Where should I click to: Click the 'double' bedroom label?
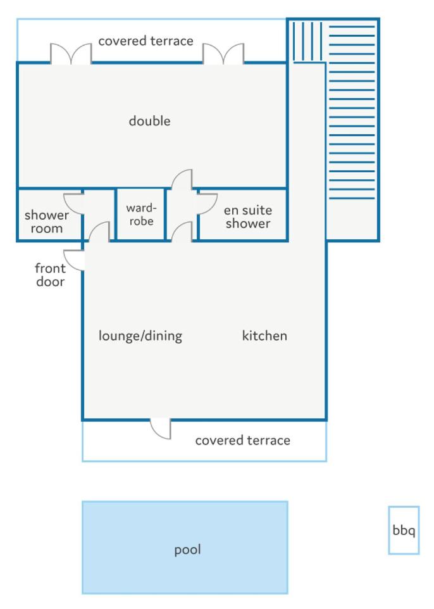click(149, 121)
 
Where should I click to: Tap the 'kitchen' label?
click(264, 336)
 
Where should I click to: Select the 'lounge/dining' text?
click(140, 336)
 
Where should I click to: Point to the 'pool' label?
click(187, 550)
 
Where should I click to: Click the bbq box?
click(404, 530)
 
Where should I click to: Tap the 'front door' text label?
click(50, 275)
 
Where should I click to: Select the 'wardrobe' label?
click(141, 215)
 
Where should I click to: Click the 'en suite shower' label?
click(247, 217)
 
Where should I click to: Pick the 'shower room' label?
click(47, 222)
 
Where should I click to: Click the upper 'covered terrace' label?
click(146, 41)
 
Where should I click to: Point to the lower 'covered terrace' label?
click(242, 440)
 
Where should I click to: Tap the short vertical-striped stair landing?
click(307, 42)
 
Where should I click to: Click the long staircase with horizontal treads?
click(352, 112)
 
